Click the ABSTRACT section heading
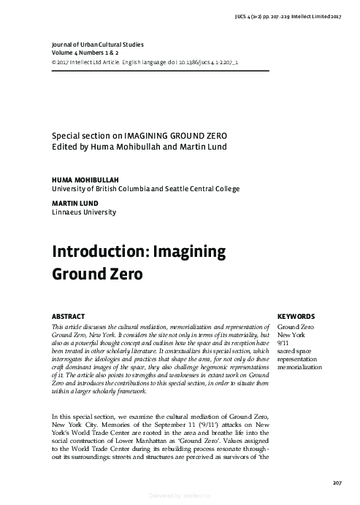[x=68, y=316]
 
